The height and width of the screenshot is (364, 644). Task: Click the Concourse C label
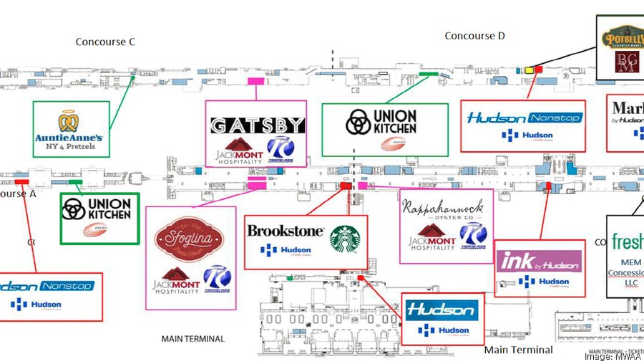click(x=105, y=42)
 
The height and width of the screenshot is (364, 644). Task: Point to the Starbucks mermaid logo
click(x=346, y=239)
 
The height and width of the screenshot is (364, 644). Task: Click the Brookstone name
click(x=285, y=231)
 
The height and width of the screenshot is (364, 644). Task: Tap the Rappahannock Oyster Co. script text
click(x=444, y=210)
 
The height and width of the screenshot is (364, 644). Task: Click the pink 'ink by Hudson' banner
click(x=539, y=262)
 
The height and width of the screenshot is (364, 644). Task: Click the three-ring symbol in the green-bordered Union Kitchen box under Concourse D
click(x=357, y=123)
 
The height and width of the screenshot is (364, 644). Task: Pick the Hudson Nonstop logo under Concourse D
click(x=525, y=118)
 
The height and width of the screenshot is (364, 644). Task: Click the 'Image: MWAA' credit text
click(x=612, y=356)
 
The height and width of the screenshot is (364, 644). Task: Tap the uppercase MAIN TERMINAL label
click(x=193, y=339)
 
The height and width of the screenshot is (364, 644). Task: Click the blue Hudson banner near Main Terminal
click(x=441, y=310)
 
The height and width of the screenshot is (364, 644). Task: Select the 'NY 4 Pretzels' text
click(x=71, y=148)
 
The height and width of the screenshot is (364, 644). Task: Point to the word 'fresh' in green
click(x=627, y=241)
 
